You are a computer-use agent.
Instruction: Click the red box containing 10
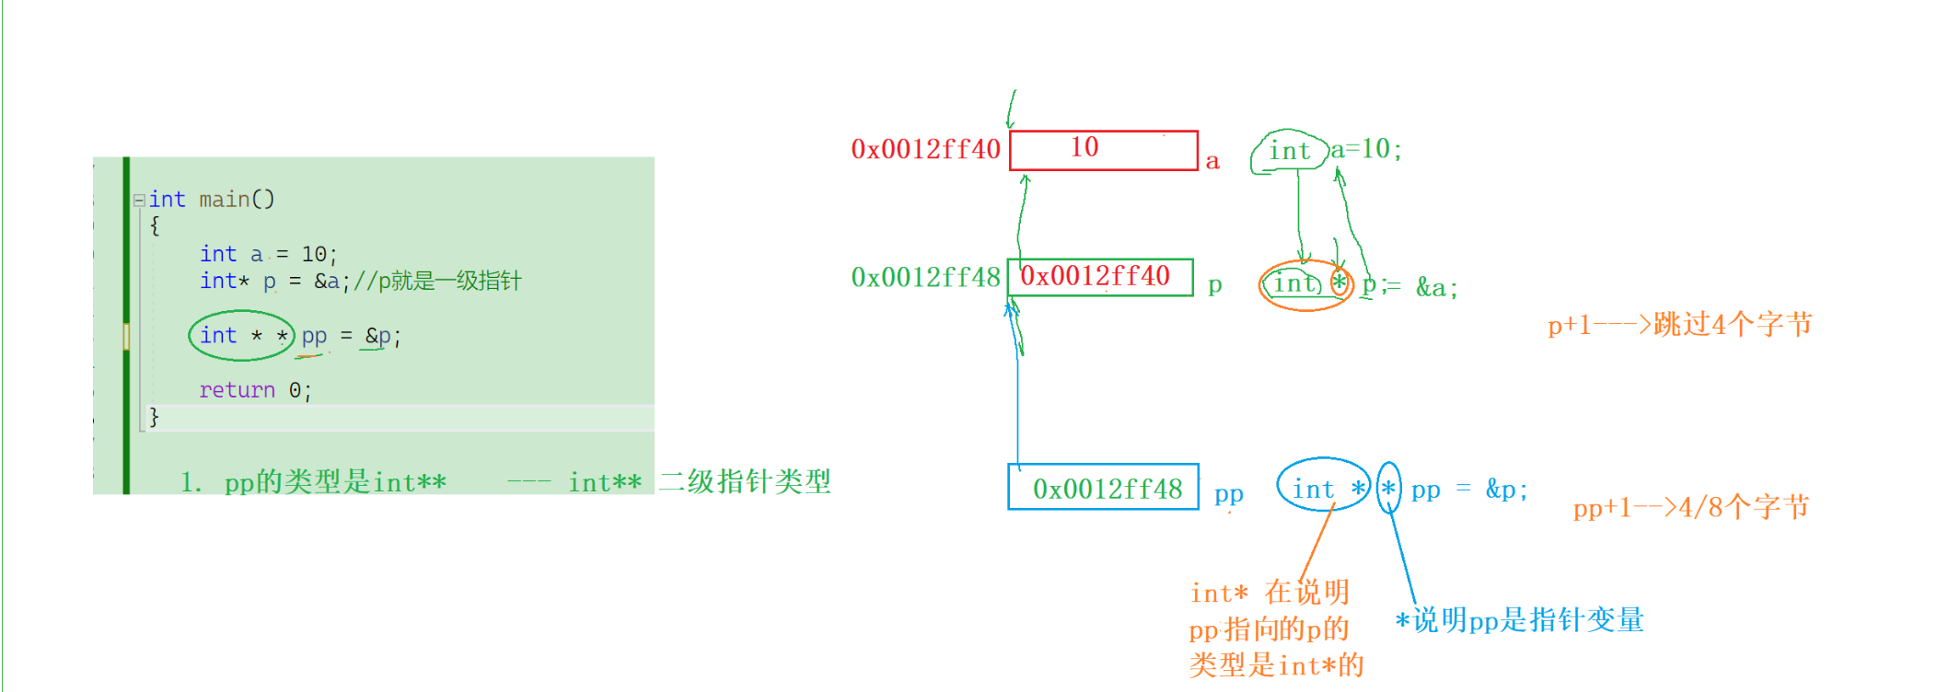point(1103,150)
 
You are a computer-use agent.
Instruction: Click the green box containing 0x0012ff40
point(1100,277)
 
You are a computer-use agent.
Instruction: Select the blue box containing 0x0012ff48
point(1103,487)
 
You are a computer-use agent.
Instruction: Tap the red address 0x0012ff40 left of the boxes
point(925,149)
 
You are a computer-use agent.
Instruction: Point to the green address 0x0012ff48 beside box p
point(925,277)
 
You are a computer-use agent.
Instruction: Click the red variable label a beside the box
point(1212,162)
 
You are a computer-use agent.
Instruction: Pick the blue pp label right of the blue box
point(1229,493)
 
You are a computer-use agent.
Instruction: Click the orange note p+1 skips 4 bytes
point(1679,324)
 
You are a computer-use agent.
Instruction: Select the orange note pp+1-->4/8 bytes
point(1690,507)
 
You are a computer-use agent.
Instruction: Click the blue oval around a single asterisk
point(1388,489)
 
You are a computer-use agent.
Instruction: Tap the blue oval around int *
point(1324,487)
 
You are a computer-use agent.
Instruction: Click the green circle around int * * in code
point(241,336)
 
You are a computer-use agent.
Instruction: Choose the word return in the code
point(237,390)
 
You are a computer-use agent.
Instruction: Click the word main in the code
point(225,200)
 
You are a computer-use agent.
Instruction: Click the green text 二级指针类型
point(745,480)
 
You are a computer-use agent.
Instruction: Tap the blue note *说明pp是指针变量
point(1519,620)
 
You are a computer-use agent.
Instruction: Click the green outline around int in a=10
point(1288,151)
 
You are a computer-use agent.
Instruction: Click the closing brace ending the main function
point(154,417)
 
